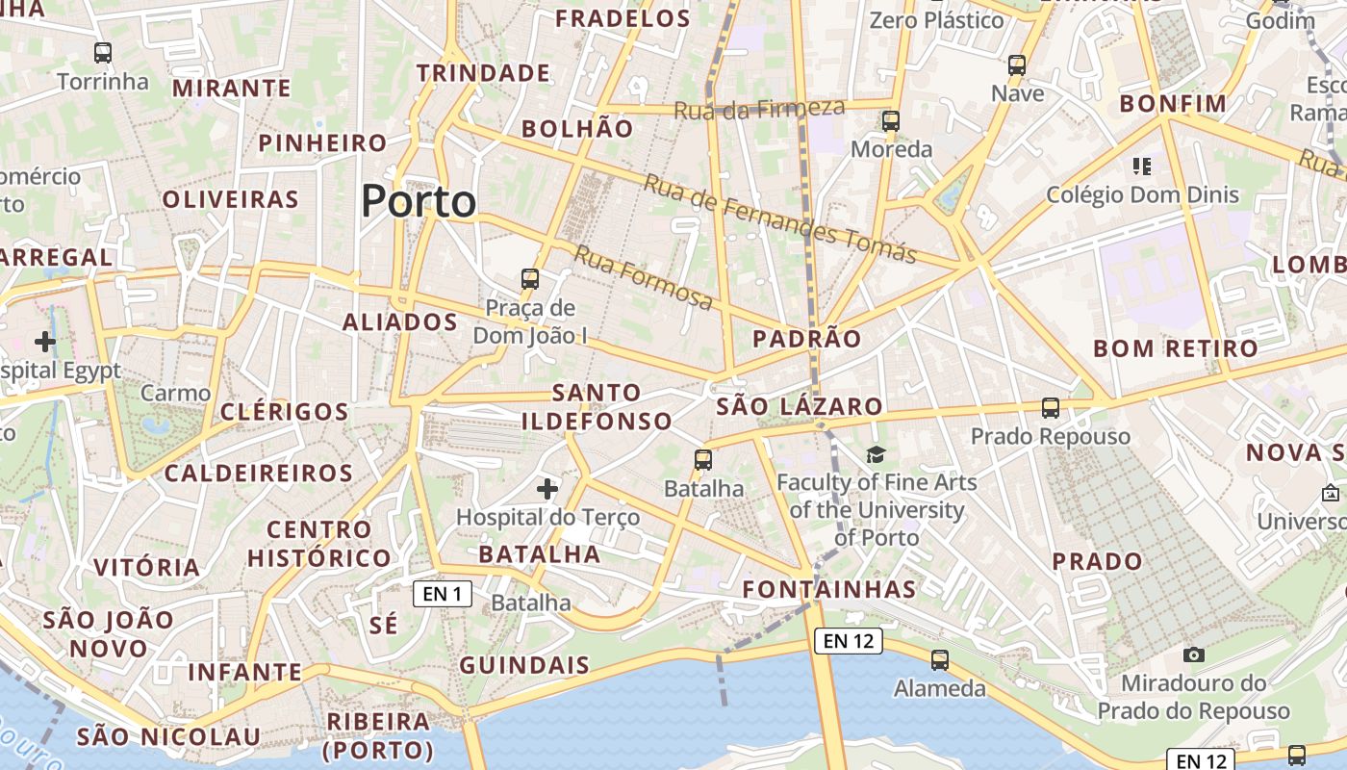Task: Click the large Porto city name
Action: (x=419, y=202)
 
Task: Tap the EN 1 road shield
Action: (x=443, y=594)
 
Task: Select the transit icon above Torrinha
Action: (x=103, y=53)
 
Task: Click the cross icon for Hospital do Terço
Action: (x=547, y=489)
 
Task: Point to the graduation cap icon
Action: (x=876, y=454)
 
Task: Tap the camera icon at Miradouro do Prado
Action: (x=1194, y=654)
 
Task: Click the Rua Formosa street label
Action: (x=645, y=278)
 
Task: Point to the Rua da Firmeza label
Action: (x=759, y=109)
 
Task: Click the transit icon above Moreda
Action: (x=891, y=121)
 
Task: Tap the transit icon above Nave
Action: (x=1017, y=65)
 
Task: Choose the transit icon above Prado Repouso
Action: (x=1051, y=408)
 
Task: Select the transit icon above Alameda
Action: (x=940, y=660)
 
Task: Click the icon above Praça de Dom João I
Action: (x=530, y=279)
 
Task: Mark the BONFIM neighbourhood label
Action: (x=1174, y=104)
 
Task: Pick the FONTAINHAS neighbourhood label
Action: (x=828, y=588)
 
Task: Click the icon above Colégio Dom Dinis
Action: (x=1142, y=167)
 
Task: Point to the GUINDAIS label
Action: (x=524, y=665)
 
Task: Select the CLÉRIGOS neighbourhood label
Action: (x=285, y=412)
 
